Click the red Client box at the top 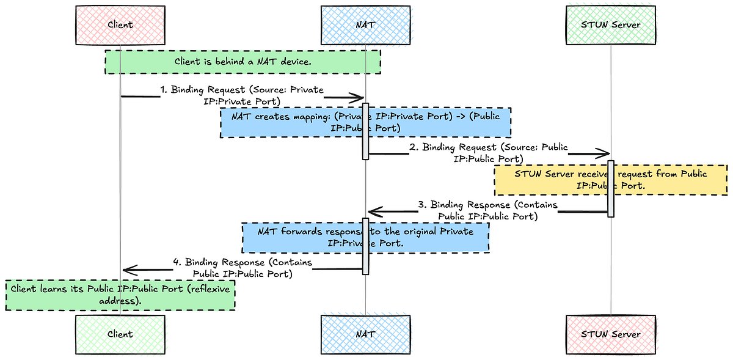[x=120, y=25]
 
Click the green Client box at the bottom [x=120, y=334]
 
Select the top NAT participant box [x=365, y=25]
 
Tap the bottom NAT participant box [x=365, y=334]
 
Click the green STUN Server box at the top [x=610, y=25]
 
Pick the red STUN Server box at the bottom [x=610, y=334]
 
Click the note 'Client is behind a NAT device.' [x=243, y=62]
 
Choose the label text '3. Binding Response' [x=487, y=205]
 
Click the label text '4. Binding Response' [x=243, y=262]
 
